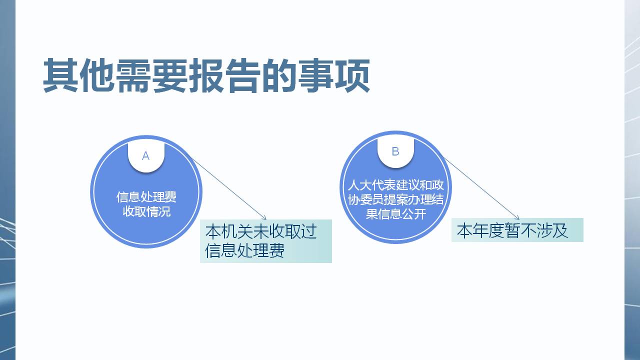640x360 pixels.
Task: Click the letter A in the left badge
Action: coord(145,156)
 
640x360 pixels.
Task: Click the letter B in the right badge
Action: coord(395,151)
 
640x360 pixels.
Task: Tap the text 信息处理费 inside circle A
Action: coord(146,197)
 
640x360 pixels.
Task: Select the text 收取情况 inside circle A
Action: coord(146,211)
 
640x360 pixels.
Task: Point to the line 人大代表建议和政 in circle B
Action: coord(395,185)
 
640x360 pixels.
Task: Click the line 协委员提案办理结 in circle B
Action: coord(395,199)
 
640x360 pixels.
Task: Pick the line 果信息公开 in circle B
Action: coord(395,213)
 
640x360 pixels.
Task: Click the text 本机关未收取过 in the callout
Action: coord(261,231)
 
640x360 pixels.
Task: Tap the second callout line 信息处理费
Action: coord(245,251)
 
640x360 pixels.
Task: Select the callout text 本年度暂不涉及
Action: coord(512,230)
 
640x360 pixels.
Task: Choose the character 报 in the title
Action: coord(206,75)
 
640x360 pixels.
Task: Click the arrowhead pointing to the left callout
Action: coord(264,218)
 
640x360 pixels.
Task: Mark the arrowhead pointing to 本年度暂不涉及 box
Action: coord(517,217)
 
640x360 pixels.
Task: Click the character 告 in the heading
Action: coord(243,75)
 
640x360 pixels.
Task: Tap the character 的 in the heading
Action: coord(279,75)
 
